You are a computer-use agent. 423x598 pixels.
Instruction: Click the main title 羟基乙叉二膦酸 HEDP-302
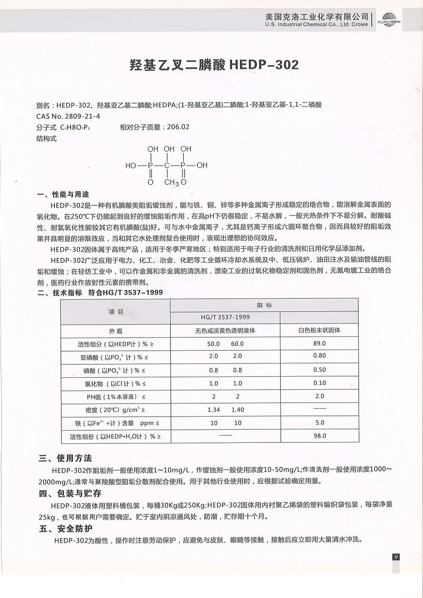(214, 65)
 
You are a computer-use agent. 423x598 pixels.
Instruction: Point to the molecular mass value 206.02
(178, 127)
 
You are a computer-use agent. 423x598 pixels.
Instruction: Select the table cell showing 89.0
(319, 343)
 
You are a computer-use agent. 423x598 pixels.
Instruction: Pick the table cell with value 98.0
(320, 436)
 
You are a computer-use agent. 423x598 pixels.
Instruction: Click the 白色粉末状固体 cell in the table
(319, 330)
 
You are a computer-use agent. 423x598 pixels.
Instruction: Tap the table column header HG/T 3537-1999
(225, 317)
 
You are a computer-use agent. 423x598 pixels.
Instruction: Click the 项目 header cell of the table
(115, 312)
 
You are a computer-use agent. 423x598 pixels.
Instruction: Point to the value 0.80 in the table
(319, 355)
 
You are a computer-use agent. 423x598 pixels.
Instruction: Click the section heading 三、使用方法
(66, 459)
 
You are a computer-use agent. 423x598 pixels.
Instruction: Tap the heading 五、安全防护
(66, 529)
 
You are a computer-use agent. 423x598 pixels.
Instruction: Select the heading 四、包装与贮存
(70, 494)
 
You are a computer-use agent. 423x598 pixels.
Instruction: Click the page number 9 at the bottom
(396, 557)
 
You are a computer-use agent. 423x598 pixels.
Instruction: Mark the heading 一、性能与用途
(63, 195)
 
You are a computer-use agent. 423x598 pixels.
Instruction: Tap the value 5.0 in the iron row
(320, 422)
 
